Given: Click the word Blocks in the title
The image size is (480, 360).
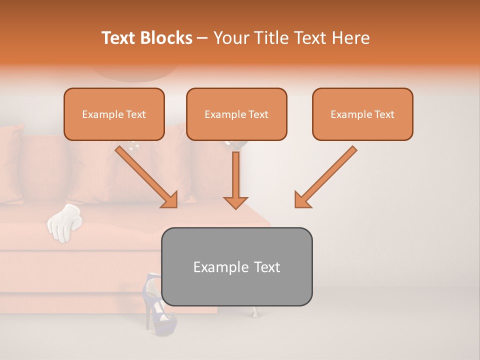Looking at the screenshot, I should (x=166, y=38).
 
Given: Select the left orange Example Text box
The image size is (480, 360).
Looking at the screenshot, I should (x=114, y=114).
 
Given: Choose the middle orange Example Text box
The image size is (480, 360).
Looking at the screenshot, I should (x=236, y=114).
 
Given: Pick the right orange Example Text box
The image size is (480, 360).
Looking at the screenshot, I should (x=362, y=114).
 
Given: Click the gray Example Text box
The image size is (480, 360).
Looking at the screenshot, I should (x=236, y=266).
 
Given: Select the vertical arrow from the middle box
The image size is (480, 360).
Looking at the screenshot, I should (x=235, y=180).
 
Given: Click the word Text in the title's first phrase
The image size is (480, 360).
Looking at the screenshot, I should (x=120, y=38).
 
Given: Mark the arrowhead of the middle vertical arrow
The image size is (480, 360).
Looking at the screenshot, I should (x=235, y=202).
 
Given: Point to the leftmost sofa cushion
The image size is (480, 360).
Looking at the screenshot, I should (x=10, y=165).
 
